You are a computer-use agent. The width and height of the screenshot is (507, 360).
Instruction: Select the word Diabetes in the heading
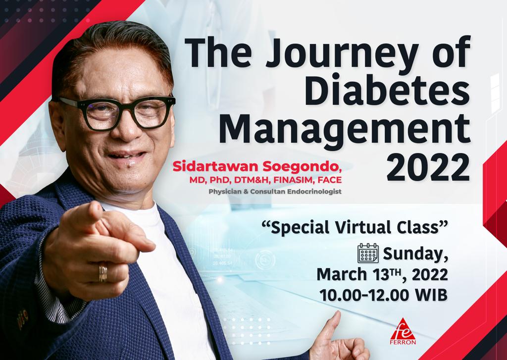(387, 89)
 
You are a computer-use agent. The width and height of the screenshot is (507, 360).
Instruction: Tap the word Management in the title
(345, 128)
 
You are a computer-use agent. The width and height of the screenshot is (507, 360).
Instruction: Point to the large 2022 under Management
(428, 167)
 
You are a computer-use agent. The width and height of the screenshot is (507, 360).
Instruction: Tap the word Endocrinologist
(310, 192)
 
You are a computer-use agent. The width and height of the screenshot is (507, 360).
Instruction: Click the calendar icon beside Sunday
(368, 253)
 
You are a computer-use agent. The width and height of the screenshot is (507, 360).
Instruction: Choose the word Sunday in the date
(415, 254)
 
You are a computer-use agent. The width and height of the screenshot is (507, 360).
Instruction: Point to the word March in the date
(342, 275)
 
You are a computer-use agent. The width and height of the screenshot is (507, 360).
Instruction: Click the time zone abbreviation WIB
(431, 295)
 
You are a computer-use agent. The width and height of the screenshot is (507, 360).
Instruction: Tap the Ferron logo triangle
(403, 328)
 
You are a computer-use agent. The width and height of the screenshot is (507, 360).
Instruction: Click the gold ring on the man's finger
(103, 272)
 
